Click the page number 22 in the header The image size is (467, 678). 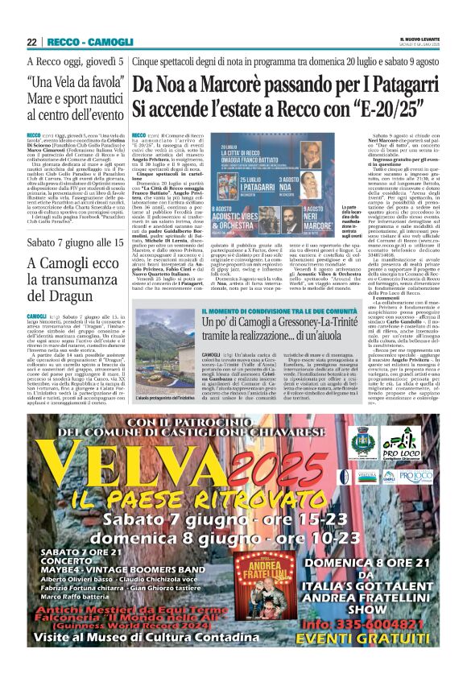coord(31,42)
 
